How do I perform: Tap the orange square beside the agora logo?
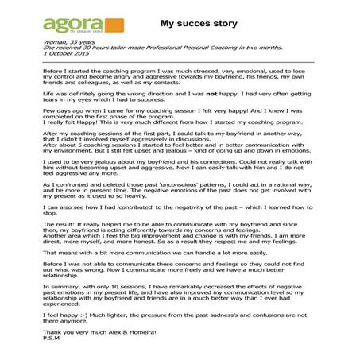coord(112,26)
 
